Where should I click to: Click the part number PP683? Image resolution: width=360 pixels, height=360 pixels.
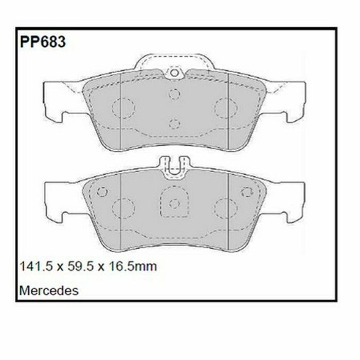click(43, 42)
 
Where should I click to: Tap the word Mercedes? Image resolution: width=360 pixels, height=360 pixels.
click(49, 291)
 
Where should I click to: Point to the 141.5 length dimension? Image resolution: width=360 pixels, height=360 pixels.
click(36, 266)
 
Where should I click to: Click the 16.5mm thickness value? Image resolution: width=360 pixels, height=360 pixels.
click(133, 266)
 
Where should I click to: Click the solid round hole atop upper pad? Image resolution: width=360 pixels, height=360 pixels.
click(174, 73)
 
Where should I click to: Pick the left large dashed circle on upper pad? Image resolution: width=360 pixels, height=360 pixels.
click(123, 108)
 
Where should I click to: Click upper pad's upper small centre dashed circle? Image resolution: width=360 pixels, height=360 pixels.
click(174, 94)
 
